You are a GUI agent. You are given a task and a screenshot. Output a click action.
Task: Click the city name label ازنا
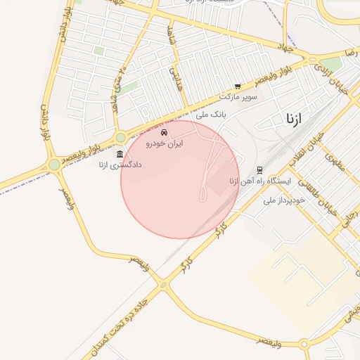[294, 118]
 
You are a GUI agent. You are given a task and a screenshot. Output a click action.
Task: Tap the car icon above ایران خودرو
[165, 132]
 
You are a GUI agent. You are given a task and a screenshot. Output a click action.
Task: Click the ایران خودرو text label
[165, 143]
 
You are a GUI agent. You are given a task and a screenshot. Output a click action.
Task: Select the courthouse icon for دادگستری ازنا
[120, 154]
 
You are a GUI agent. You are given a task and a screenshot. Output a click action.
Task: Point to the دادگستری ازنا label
[120, 165]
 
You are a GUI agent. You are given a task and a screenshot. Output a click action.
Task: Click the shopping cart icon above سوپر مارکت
[238, 86]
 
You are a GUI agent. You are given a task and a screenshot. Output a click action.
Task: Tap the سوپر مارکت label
[238, 96]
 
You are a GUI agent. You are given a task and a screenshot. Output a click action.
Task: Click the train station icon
[259, 169]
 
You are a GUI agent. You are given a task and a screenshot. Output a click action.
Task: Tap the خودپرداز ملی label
[284, 200]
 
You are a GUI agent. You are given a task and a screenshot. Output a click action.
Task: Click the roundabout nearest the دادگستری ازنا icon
[120, 138]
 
